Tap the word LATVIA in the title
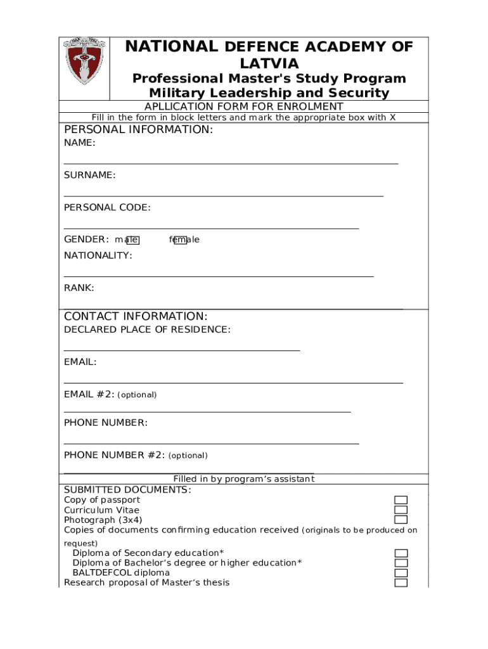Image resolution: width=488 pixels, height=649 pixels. click(269, 63)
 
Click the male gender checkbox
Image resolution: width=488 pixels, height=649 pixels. click(133, 240)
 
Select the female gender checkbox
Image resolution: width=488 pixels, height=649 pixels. click(180, 240)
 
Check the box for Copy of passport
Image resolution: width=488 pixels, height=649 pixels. click(401, 500)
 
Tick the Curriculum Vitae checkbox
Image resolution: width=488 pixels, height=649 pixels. click(401, 510)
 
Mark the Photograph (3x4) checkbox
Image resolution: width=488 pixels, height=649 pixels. click(401, 520)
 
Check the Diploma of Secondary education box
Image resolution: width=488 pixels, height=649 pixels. click(401, 553)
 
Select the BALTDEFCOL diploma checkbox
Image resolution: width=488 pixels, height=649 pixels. click(401, 573)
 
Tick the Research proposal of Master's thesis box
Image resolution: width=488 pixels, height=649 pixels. click(401, 582)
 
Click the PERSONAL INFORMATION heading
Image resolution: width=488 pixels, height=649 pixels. click(139, 130)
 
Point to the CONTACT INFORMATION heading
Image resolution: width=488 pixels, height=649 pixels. click(136, 316)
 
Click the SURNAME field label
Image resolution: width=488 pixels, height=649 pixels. click(89, 175)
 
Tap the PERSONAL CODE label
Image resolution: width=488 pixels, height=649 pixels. click(107, 207)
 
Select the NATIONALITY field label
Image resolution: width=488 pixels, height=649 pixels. click(98, 255)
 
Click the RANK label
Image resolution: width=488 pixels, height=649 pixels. click(79, 288)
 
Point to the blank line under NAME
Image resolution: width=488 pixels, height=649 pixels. click(231, 163)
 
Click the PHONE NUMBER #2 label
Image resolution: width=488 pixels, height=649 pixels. click(114, 455)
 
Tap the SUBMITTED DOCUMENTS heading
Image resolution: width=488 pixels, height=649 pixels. click(127, 490)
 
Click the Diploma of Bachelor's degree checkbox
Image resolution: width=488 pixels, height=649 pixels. click(401, 563)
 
